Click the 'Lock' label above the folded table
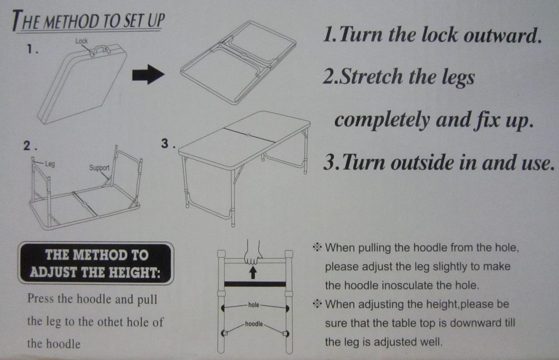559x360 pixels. click(82, 41)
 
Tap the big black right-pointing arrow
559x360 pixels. click(148, 74)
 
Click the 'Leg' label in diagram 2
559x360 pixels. click(50, 164)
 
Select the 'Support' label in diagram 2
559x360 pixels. click(100, 168)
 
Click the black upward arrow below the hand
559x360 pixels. click(253, 272)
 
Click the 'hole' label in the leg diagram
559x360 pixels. click(254, 305)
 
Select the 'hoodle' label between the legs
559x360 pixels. click(254, 324)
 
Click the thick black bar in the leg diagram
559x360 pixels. click(255, 284)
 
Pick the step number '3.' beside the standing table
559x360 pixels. click(168, 143)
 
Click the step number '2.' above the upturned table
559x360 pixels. click(30, 146)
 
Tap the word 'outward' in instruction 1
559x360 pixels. click(503, 35)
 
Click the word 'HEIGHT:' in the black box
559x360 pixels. click(135, 272)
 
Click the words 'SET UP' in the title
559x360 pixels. click(144, 21)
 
